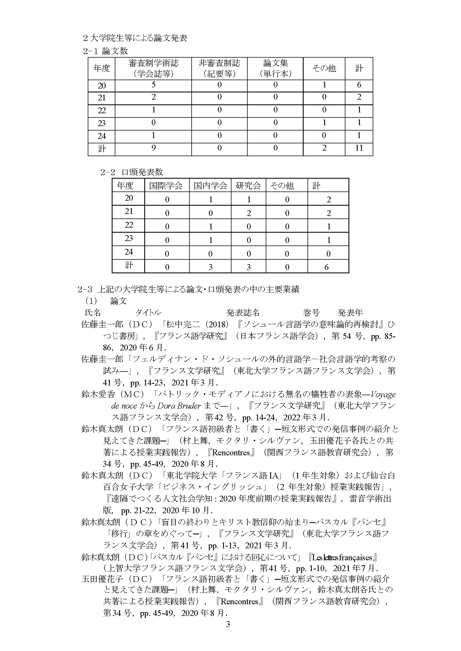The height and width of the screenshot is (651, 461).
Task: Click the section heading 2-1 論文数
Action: [105, 51]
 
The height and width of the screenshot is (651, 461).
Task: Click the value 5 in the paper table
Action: [153, 85]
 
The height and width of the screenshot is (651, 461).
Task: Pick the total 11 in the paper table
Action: [359, 148]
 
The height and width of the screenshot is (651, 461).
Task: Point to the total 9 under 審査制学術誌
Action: [153, 148]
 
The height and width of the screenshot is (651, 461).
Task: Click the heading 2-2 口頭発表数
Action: [132, 172]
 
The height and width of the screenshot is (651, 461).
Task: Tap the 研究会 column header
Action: [248, 186]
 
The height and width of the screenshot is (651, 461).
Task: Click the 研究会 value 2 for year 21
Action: [249, 213]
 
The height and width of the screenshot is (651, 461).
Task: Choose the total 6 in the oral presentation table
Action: [326, 267]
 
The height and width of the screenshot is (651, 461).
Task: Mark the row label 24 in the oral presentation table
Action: [129, 252]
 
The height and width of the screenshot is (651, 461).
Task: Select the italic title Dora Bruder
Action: [179, 406]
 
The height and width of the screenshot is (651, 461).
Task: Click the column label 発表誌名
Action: [243, 313]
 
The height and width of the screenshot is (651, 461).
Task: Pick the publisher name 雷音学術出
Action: [370, 499]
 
